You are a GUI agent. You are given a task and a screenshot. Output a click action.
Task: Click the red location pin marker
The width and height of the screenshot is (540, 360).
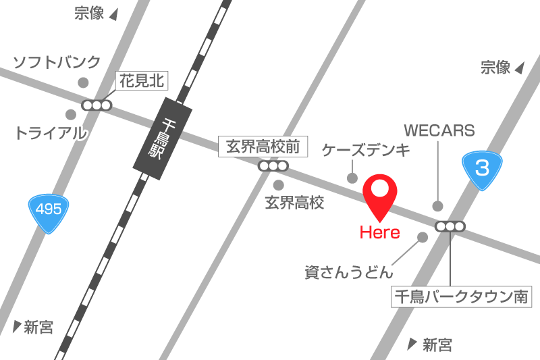click(380, 195)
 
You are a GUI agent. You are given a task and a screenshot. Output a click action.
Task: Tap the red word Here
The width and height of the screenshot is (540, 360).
click(379, 233)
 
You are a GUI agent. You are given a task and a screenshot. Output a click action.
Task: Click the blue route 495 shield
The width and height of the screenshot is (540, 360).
click(49, 211)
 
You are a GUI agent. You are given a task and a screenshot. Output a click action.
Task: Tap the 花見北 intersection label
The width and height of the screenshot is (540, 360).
click(142, 81)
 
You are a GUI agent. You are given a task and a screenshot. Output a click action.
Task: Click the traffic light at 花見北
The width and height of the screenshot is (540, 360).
click(97, 105)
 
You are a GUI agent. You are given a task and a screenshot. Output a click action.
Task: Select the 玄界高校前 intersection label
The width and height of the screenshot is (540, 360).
click(263, 146)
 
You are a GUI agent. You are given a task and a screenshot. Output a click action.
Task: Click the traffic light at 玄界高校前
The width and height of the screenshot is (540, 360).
click(273, 165)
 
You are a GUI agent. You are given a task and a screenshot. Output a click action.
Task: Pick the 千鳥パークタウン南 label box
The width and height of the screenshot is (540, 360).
click(461, 296)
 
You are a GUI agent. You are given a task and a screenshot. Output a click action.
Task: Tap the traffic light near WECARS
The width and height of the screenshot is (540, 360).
click(450, 226)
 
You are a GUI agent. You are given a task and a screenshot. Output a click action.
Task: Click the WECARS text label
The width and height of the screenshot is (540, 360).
click(439, 130)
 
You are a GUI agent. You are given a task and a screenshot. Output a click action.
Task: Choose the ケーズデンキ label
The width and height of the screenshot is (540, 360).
click(365, 150)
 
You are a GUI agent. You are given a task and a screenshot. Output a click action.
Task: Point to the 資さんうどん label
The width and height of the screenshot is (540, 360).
click(348, 273)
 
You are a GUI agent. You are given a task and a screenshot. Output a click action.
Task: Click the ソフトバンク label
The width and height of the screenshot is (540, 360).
click(57, 62)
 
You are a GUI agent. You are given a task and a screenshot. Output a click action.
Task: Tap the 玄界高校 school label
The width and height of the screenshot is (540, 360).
click(295, 202)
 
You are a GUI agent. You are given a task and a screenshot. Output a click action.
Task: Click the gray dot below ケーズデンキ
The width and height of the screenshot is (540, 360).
click(352, 178)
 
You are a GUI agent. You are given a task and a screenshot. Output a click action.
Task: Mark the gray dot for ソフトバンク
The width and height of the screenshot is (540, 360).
click(83, 82)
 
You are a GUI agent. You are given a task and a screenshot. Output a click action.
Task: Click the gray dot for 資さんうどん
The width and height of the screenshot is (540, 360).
click(423, 237)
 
